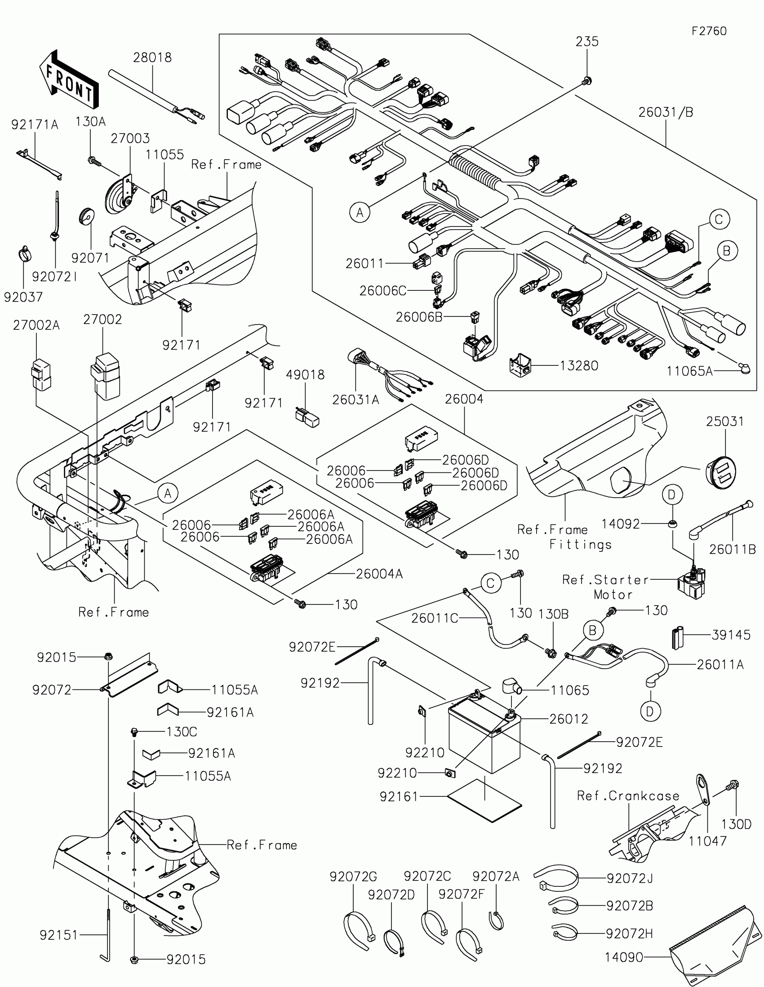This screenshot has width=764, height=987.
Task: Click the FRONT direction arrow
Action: coord(69,80)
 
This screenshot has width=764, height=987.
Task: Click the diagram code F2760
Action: coord(709,31)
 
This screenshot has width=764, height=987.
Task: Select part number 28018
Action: coord(152,58)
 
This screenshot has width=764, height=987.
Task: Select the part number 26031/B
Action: coord(666,112)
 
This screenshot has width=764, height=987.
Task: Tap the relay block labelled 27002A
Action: coord(40,374)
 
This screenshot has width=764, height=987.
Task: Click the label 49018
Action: coord(305,375)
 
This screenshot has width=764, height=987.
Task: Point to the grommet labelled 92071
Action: coord(86,216)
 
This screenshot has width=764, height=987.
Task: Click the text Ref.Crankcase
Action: coord(628,796)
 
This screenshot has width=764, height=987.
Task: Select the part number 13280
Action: coord(579,365)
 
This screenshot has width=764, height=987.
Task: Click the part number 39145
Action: coord(731,635)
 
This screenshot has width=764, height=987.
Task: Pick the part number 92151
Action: coord(59,935)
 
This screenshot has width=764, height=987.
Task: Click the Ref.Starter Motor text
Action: coord(605,587)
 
